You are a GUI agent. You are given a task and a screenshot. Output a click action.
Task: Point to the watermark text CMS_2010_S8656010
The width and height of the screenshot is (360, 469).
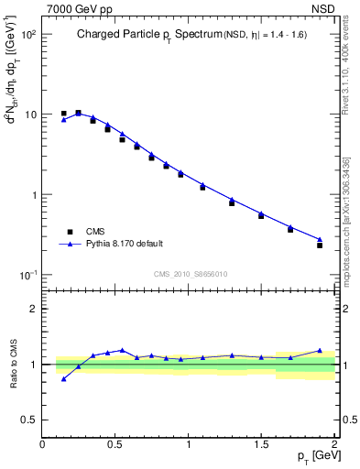pyautogui.click(x=190, y=273)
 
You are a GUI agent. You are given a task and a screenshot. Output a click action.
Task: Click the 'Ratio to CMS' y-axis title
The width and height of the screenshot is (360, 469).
pyautogui.click(x=13, y=365)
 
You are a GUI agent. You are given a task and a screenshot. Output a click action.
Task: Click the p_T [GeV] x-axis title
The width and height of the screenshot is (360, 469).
pyautogui.click(x=312, y=456)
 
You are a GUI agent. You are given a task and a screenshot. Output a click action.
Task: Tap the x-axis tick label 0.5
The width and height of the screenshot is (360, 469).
pyautogui.click(x=115, y=443)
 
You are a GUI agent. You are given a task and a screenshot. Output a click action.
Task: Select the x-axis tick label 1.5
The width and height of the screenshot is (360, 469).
pyautogui.click(x=262, y=443)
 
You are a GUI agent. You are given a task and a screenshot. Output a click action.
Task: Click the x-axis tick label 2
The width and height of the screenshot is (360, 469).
pyautogui.click(x=334, y=443)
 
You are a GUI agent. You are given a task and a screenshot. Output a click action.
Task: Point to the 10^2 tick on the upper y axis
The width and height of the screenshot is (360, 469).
pyautogui.click(x=27, y=34)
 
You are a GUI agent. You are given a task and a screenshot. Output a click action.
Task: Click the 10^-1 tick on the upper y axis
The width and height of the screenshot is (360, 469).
pyautogui.click(x=27, y=276)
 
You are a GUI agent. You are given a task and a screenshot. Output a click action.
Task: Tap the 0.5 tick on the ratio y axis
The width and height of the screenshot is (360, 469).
pyautogui.click(x=29, y=420)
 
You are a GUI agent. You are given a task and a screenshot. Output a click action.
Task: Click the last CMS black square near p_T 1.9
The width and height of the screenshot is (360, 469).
pyautogui.click(x=320, y=245)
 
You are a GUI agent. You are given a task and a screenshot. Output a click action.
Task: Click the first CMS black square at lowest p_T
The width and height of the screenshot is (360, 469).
pyautogui.click(x=63, y=114)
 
